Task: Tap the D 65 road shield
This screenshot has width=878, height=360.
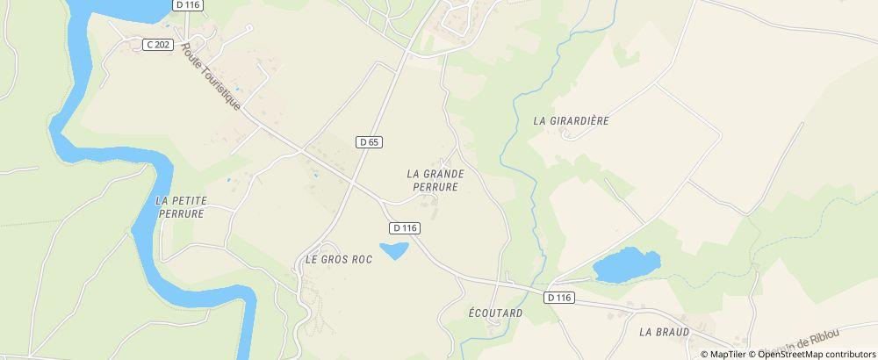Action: pyautogui.click(x=369, y=141)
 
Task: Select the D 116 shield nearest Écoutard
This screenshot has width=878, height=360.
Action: pyautogui.click(x=558, y=298)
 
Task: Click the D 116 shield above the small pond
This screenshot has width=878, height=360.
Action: pyautogui.click(x=404, y=227)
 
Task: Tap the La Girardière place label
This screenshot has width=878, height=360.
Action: pyautogui.click(x=571, y=120)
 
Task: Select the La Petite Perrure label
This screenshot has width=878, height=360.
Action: pyautogui.click(x=180, y=206)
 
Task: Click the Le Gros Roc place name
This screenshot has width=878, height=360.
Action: pyautogui.click(x=338, y=260)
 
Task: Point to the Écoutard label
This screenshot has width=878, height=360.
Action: pyautogui.click(x=495, y=313)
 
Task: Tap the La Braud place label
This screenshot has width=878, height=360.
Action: pyautogui.click(x=665, y=332)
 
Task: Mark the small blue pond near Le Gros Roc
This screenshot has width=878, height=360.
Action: pyautogui.click(x=393, y=250)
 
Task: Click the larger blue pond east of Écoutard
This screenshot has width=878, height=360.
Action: pyautogui.click(x=626, y=263)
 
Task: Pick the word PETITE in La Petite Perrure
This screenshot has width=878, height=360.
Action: pyautogui.click(x=186, y=200)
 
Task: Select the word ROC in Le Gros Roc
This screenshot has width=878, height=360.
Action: pyautogui.click(x=360, y=260)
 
